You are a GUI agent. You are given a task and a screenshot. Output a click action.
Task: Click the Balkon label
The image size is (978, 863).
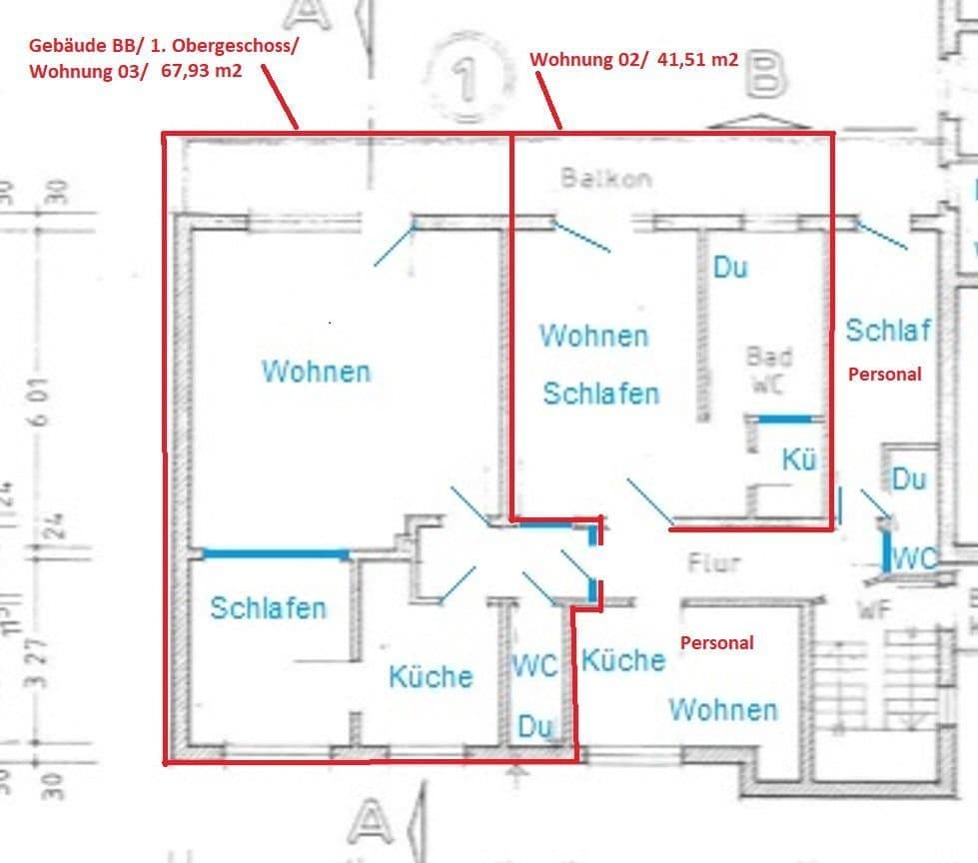tap(605, 179)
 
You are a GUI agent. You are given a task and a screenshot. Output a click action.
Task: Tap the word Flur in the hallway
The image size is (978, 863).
tap(713, 562)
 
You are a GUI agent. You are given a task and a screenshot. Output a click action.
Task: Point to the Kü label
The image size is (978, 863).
tap(799, 459)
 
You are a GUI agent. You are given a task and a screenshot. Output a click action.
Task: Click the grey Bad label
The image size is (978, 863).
tap(769, 357)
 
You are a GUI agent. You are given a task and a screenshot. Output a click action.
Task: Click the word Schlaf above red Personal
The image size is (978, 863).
tap(887, 330)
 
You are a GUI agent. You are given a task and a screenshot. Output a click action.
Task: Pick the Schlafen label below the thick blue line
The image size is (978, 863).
tap(268, 607)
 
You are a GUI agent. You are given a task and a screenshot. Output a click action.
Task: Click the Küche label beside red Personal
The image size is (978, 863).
tap(623, 659)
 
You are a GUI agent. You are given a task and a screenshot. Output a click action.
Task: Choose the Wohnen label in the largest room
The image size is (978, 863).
tap(316, 372)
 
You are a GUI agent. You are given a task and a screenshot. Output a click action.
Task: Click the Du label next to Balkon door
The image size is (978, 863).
tap(730, 268)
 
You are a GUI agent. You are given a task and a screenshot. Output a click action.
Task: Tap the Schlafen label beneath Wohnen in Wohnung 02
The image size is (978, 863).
tap(600, 394)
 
